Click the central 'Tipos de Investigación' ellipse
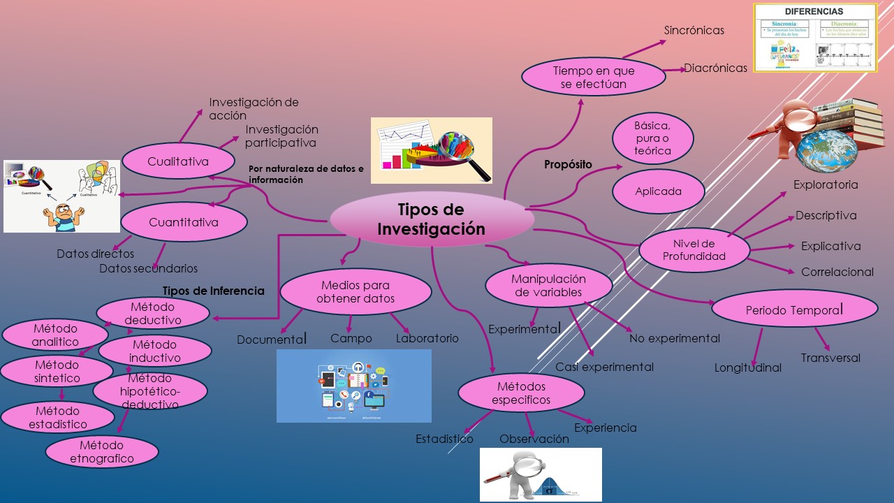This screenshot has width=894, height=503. pos(431,219)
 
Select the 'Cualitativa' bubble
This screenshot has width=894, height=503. pos(178,162)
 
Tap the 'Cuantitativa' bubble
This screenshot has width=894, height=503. pos(184,223)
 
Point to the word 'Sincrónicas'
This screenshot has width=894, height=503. pos(694,31)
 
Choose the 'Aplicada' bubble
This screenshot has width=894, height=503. pos(658,191)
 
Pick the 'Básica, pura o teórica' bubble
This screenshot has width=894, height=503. pos(652,138)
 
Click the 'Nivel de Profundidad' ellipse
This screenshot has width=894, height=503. pos(694,250)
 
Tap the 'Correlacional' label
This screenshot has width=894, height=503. pos(837,272)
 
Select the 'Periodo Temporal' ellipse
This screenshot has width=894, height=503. pos(794,309)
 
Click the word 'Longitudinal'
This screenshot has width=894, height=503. pos(747,368)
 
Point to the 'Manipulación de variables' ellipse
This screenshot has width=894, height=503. pos(550,286)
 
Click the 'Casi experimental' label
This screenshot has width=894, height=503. pos(604,367)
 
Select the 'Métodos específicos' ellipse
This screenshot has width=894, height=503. pos(521,393)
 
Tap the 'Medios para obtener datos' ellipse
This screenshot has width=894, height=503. pos(356,292)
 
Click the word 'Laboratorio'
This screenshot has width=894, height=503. pos(427,339)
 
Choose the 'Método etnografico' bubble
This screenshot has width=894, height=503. pos(102,452)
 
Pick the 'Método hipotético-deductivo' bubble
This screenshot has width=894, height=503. pos(149,391)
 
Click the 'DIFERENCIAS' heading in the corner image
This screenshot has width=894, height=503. pos(814,12)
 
